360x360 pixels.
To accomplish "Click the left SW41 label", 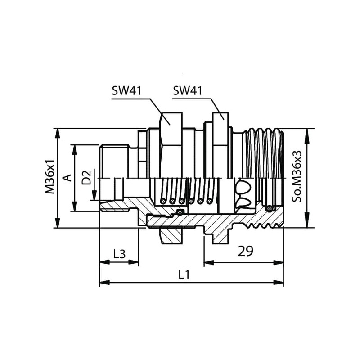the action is (x=126, y=91).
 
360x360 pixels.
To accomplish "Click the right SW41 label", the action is (x=187, y=91).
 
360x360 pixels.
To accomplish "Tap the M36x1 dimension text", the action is (x=49, y=176).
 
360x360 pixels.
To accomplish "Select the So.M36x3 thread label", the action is (x=297, y=176).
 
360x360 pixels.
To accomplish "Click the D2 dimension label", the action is (x=86, y=177).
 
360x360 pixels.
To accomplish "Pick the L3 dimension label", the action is (x=119, y=254).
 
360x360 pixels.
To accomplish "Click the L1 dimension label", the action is (x=184, y=274).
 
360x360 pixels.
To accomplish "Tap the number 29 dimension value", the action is (x=245, y=251).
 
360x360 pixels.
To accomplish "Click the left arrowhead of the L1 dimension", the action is (x=104, y=283).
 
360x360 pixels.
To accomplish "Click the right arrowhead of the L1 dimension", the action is (x=279, y=283).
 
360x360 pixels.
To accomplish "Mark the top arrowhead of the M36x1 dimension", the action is (x=58, y=133).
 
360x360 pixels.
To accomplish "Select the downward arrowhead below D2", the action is (x=94, y=196).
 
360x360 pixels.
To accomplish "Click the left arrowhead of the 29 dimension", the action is (x=209, y=262).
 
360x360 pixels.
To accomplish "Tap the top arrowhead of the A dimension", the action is (x=74, y=150).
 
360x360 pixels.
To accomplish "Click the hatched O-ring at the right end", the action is (x=269, y=208).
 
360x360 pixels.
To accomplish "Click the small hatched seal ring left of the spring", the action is (x=181, y=211).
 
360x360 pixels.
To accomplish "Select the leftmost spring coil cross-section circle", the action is (x=163, y=201).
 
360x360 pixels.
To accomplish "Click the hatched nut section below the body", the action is (x=171, y=235).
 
